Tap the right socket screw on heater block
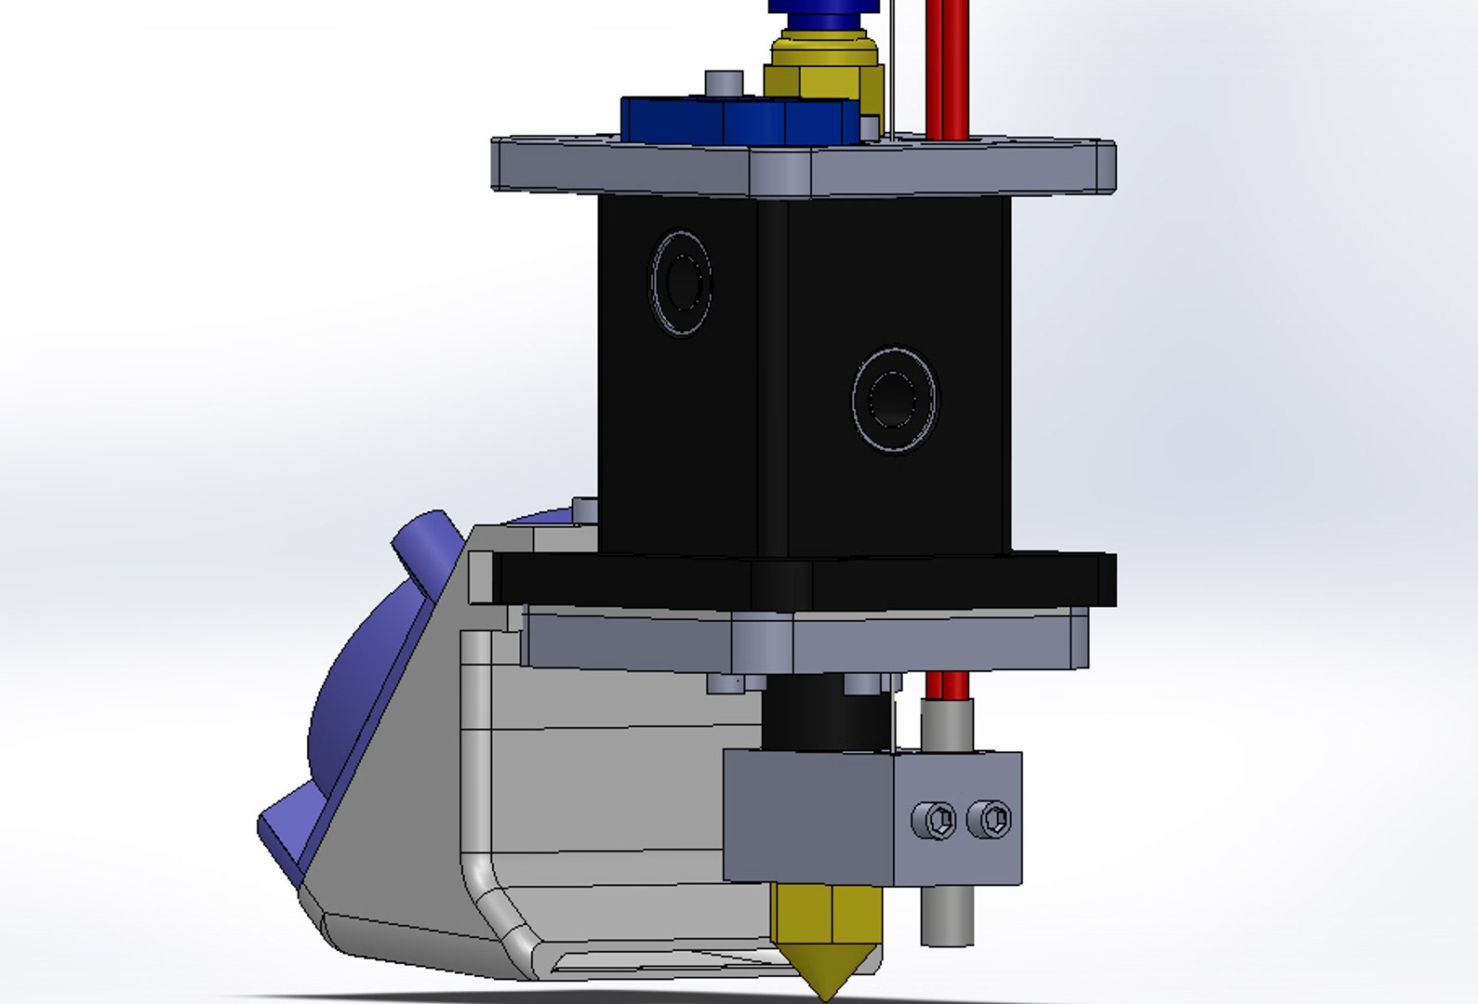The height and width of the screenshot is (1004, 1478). point(990,819)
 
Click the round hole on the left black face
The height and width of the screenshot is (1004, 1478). point(682,282)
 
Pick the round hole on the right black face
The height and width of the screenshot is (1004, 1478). point(895,400)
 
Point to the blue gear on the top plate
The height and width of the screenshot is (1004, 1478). point(735,120)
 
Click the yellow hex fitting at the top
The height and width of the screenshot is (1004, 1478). point(823,70)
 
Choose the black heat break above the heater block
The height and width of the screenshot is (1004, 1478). point(823,716)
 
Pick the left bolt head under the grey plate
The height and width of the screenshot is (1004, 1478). point(726,684)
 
